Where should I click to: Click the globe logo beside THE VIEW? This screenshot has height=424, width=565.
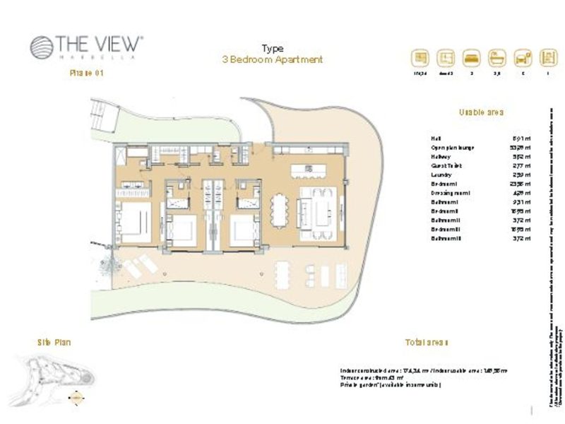pos(42,47)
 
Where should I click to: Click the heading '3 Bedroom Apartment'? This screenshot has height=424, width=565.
pos(272,60)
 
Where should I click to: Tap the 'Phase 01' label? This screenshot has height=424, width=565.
pos(86,73)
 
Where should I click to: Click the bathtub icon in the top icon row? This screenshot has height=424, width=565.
pos(496,57)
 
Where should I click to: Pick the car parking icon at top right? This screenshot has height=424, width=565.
pos(522,57)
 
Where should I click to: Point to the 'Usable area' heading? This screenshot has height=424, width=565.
pos(481,112)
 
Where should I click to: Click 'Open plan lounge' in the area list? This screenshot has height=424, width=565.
pos(452,148)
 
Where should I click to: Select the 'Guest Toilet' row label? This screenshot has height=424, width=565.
pos(446,164)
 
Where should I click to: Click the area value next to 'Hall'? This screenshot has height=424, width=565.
pos(518,139)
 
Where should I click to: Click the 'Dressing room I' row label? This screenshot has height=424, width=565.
pos(450,192)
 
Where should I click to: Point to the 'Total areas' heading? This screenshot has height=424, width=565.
pos(426,343)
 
